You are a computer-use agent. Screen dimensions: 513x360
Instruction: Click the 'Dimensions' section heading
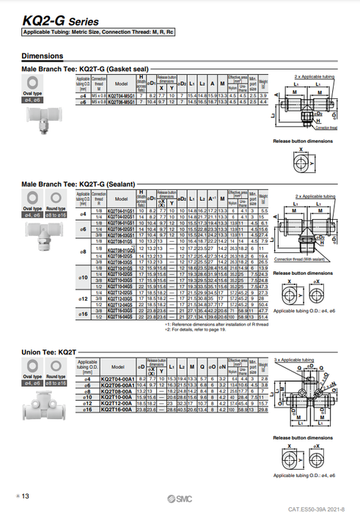point(42,56)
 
